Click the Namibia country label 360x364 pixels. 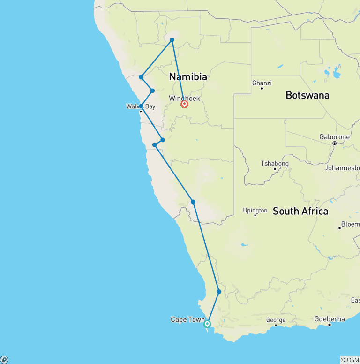[188, 77]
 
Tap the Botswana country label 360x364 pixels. [307, 95]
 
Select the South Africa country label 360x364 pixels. [300, 211]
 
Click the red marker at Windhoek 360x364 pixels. [184, 104]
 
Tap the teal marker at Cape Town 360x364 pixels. [207, 324]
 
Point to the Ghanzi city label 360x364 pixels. [262, 83]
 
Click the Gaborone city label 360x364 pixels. [334, 137]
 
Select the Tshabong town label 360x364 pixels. [275, 164]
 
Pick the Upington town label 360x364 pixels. [255, 211]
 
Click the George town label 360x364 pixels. [276, 320]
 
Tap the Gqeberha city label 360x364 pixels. [330, 319]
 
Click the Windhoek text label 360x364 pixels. [184, 98]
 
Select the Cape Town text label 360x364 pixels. [187, 319]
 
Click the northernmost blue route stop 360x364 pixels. [172, 40]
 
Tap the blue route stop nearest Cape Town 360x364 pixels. [219, 292]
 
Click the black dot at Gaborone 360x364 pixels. [334, 143]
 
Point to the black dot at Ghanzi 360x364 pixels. [262, 89]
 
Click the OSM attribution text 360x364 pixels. [349, 360]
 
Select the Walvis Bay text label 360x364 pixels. [140, 106]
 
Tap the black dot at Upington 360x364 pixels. [255, 215]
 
